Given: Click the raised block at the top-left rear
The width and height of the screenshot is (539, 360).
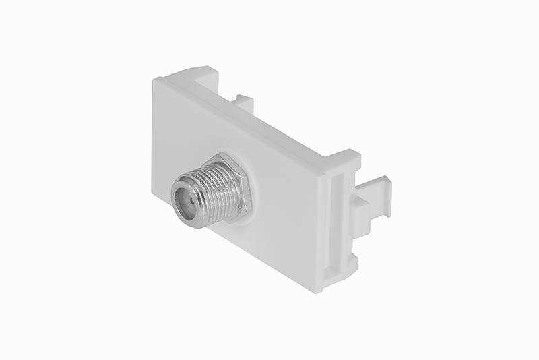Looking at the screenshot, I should point(195,73).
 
